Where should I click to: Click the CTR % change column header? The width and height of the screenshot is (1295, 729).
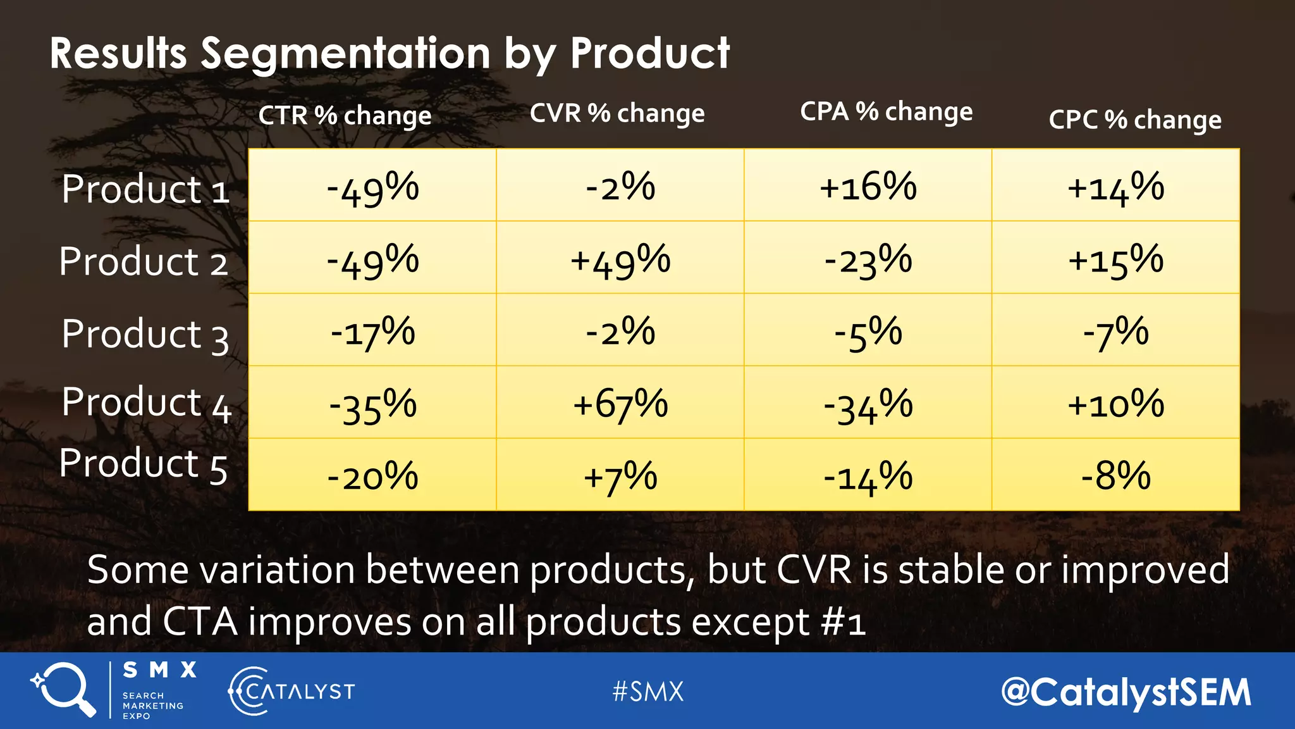click(x=345, y=116)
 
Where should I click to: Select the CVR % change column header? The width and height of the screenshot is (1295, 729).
click(x=617, y=114)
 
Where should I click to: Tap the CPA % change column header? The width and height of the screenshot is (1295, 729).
click(x=886, y=112)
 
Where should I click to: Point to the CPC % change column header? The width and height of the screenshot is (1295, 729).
click(x=1134, y=120)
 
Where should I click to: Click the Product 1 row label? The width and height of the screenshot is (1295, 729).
click(x=145, y=189)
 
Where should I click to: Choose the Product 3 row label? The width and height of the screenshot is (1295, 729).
click(x=145, y=334)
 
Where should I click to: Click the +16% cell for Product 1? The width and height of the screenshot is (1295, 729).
click(x=868, y=187)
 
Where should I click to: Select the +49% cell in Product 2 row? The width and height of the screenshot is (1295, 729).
click(x=620, y=260)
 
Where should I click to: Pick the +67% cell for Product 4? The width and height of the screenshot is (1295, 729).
click(x=620, y=404)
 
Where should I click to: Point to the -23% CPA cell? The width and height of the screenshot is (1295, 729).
click(x=868, y=260)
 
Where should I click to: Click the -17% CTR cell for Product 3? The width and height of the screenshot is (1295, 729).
click(x=372, y=332)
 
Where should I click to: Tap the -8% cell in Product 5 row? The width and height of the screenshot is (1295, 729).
click(x=1115, y=476)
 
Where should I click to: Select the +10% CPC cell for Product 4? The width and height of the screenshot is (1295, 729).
click(x=1115, y=404)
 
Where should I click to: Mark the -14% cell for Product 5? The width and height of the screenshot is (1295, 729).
click(x=868, y=477)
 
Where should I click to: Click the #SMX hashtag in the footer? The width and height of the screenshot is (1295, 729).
click(x=648, y=691)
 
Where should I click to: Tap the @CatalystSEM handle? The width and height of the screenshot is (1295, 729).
click(x=1126, y=692)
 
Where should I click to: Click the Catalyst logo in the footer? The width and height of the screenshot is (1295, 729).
click(x=292, y=691)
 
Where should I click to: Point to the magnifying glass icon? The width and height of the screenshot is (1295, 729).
click(x=64, y=688)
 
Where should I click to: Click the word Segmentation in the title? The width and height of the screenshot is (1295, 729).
click(x=345, y=53)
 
